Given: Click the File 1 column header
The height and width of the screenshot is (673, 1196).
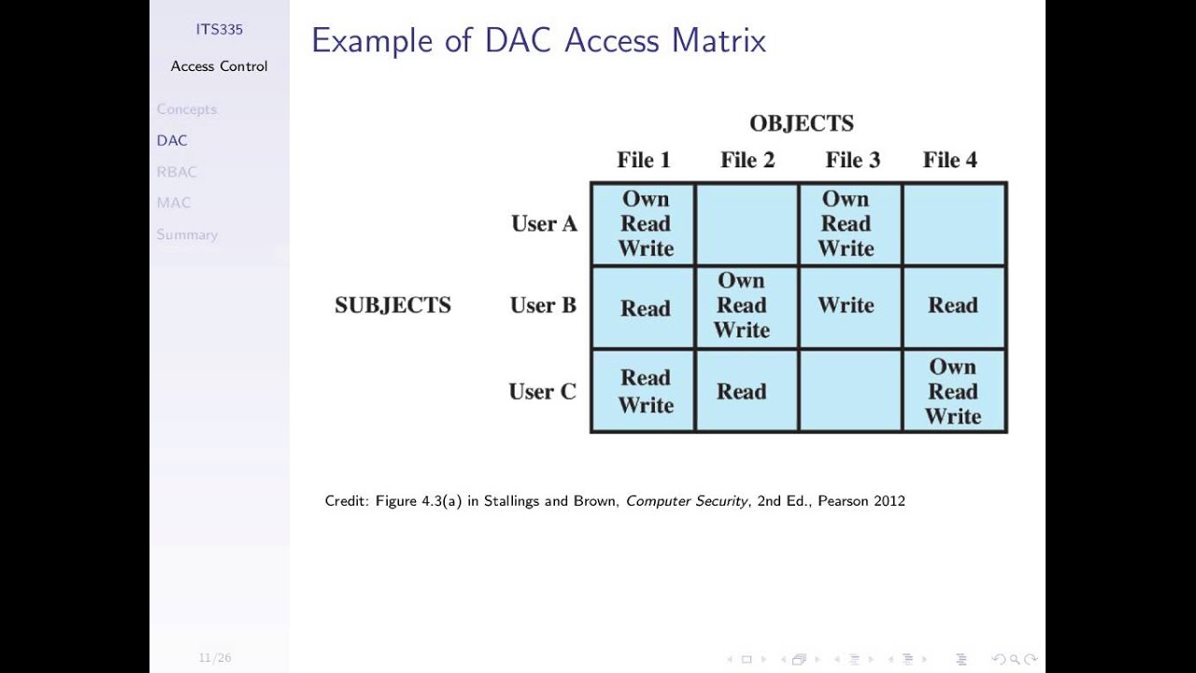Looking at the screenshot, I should [643, 160].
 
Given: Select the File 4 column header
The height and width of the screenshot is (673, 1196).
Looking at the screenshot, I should [949, 160].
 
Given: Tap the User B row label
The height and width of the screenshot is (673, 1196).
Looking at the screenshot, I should [543, 306].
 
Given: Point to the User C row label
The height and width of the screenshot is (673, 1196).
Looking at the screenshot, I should [542, 392].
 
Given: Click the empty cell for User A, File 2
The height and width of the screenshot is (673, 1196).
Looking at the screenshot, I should [747, 224].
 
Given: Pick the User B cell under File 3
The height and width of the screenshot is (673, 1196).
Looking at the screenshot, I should [846, 306].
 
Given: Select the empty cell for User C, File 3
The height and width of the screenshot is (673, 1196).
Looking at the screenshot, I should [850, 392].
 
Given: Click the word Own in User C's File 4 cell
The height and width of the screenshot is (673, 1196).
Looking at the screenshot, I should [952, 367].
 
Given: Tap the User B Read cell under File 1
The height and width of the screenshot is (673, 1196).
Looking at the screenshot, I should [645, 308].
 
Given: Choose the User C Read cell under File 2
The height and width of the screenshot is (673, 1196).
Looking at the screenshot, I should [742, 392].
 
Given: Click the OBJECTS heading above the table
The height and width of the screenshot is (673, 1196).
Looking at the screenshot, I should [802, 123].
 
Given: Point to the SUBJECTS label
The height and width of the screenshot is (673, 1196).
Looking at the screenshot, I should [392, 306].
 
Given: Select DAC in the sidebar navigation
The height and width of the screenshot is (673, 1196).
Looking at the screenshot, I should [172, 140].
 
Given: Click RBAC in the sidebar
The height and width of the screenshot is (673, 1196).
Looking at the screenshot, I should [177, 172].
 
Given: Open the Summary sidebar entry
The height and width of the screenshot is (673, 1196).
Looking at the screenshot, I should [187, 235].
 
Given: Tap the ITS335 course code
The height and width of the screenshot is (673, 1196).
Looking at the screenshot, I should [219, 29].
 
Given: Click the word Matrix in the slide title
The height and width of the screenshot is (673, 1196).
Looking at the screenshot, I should [719, 41].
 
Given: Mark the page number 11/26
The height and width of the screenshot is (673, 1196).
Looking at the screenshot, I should [214, 658].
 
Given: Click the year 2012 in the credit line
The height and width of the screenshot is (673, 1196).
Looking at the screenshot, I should [889, 501].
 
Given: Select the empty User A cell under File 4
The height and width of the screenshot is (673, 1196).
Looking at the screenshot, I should [954, 224].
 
